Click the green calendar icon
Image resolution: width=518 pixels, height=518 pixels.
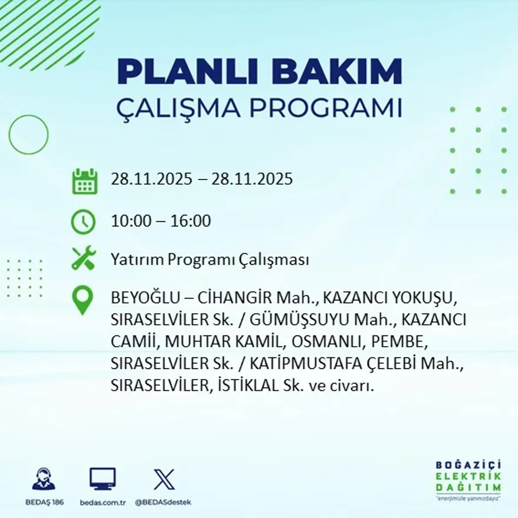[x=84, y=181]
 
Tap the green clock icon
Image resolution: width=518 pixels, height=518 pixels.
[x=83, y=222]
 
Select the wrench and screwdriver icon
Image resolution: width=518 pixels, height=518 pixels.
[x=83, y=259]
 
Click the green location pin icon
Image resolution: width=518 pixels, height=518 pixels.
[x=82, y=300]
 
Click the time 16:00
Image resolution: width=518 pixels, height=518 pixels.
[x=191, y=222]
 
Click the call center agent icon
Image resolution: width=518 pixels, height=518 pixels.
[x=44, y=479]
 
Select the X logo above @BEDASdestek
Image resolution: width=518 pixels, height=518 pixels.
[x=164, y=479]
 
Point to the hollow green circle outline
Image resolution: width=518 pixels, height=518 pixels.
[x=28, y=135]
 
